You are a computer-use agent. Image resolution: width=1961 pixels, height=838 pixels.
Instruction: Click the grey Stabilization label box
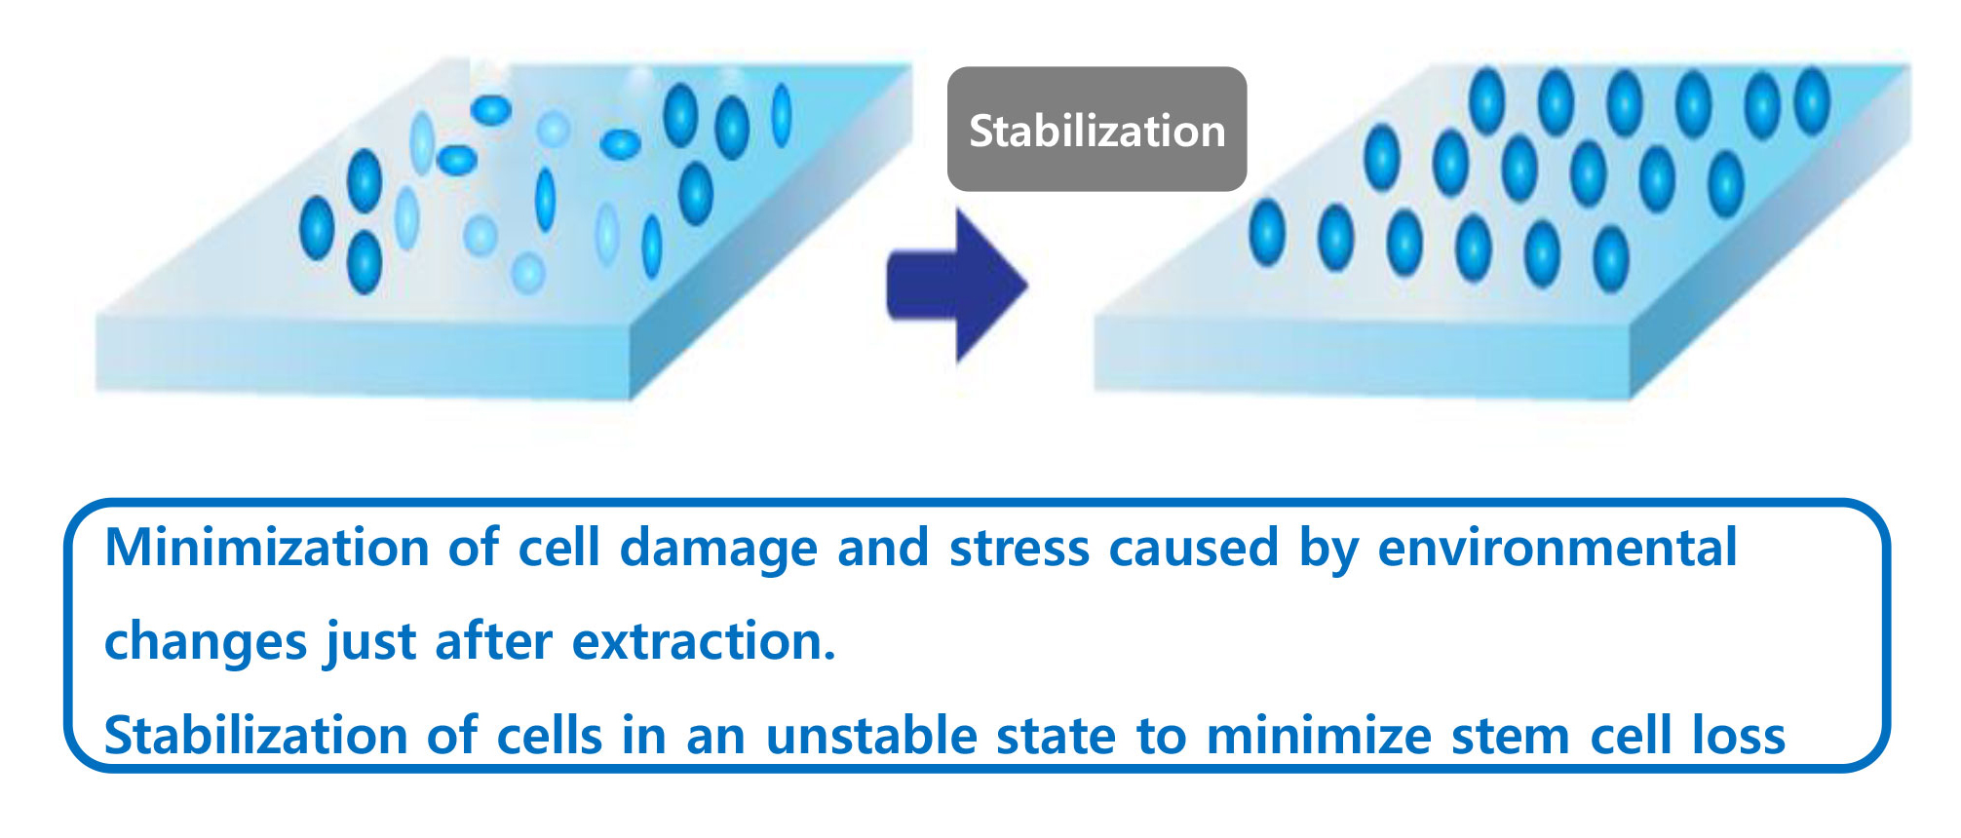pos(1096,129)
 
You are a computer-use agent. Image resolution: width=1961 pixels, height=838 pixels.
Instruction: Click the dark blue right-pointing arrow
pos(956,286)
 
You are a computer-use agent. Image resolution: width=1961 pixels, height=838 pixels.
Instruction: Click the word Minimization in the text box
pos(267,547)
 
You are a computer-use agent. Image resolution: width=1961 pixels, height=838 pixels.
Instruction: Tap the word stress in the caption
pos(1019,549)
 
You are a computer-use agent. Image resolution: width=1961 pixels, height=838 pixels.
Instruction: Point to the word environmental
pos(1557,548)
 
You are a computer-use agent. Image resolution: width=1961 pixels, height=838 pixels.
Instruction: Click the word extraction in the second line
pos(704,641)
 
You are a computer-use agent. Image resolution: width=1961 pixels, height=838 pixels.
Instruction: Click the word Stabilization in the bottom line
pos(256,735)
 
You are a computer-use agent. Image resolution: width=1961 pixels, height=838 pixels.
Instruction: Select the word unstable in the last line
pos(870,735)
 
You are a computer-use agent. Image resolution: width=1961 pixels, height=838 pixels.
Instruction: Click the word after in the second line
pos(493,641)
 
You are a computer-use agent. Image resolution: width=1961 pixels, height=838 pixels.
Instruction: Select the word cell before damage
pos(558,548)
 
